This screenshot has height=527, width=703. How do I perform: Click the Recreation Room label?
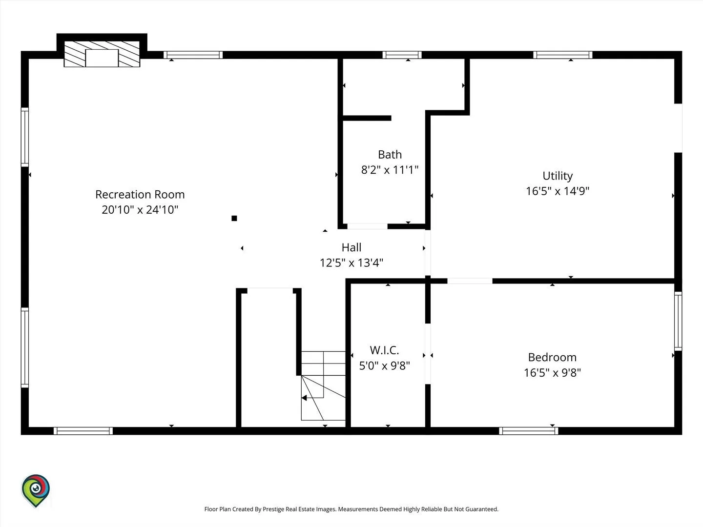[140, 195]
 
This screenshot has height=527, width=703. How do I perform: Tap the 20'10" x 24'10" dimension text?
[140, 210]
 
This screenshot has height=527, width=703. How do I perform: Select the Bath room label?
[390, 155]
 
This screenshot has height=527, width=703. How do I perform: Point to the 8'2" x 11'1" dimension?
[390, 170]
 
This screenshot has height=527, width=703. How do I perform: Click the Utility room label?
[558, 176]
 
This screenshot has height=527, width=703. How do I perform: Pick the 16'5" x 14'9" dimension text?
[558, 191]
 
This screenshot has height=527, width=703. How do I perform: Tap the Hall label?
[351, 247]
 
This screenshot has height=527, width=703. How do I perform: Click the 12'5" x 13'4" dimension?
[351, 263]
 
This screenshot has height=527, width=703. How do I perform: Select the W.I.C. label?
[384, 350]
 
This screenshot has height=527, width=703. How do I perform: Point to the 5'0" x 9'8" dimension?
[384, 365]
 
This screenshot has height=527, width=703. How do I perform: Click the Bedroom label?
[552, 357]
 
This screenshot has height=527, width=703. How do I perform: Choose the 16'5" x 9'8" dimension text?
[552, 372]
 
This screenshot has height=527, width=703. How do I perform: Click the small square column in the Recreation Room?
[234, 218]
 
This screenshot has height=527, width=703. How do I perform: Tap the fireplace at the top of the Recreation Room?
[102, 54]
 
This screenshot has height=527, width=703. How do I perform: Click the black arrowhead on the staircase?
[304, 398]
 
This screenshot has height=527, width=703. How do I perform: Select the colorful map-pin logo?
[36, 490]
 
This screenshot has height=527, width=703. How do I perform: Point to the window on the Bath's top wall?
[402, 55]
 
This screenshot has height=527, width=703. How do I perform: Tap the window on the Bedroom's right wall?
[678, 321]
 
